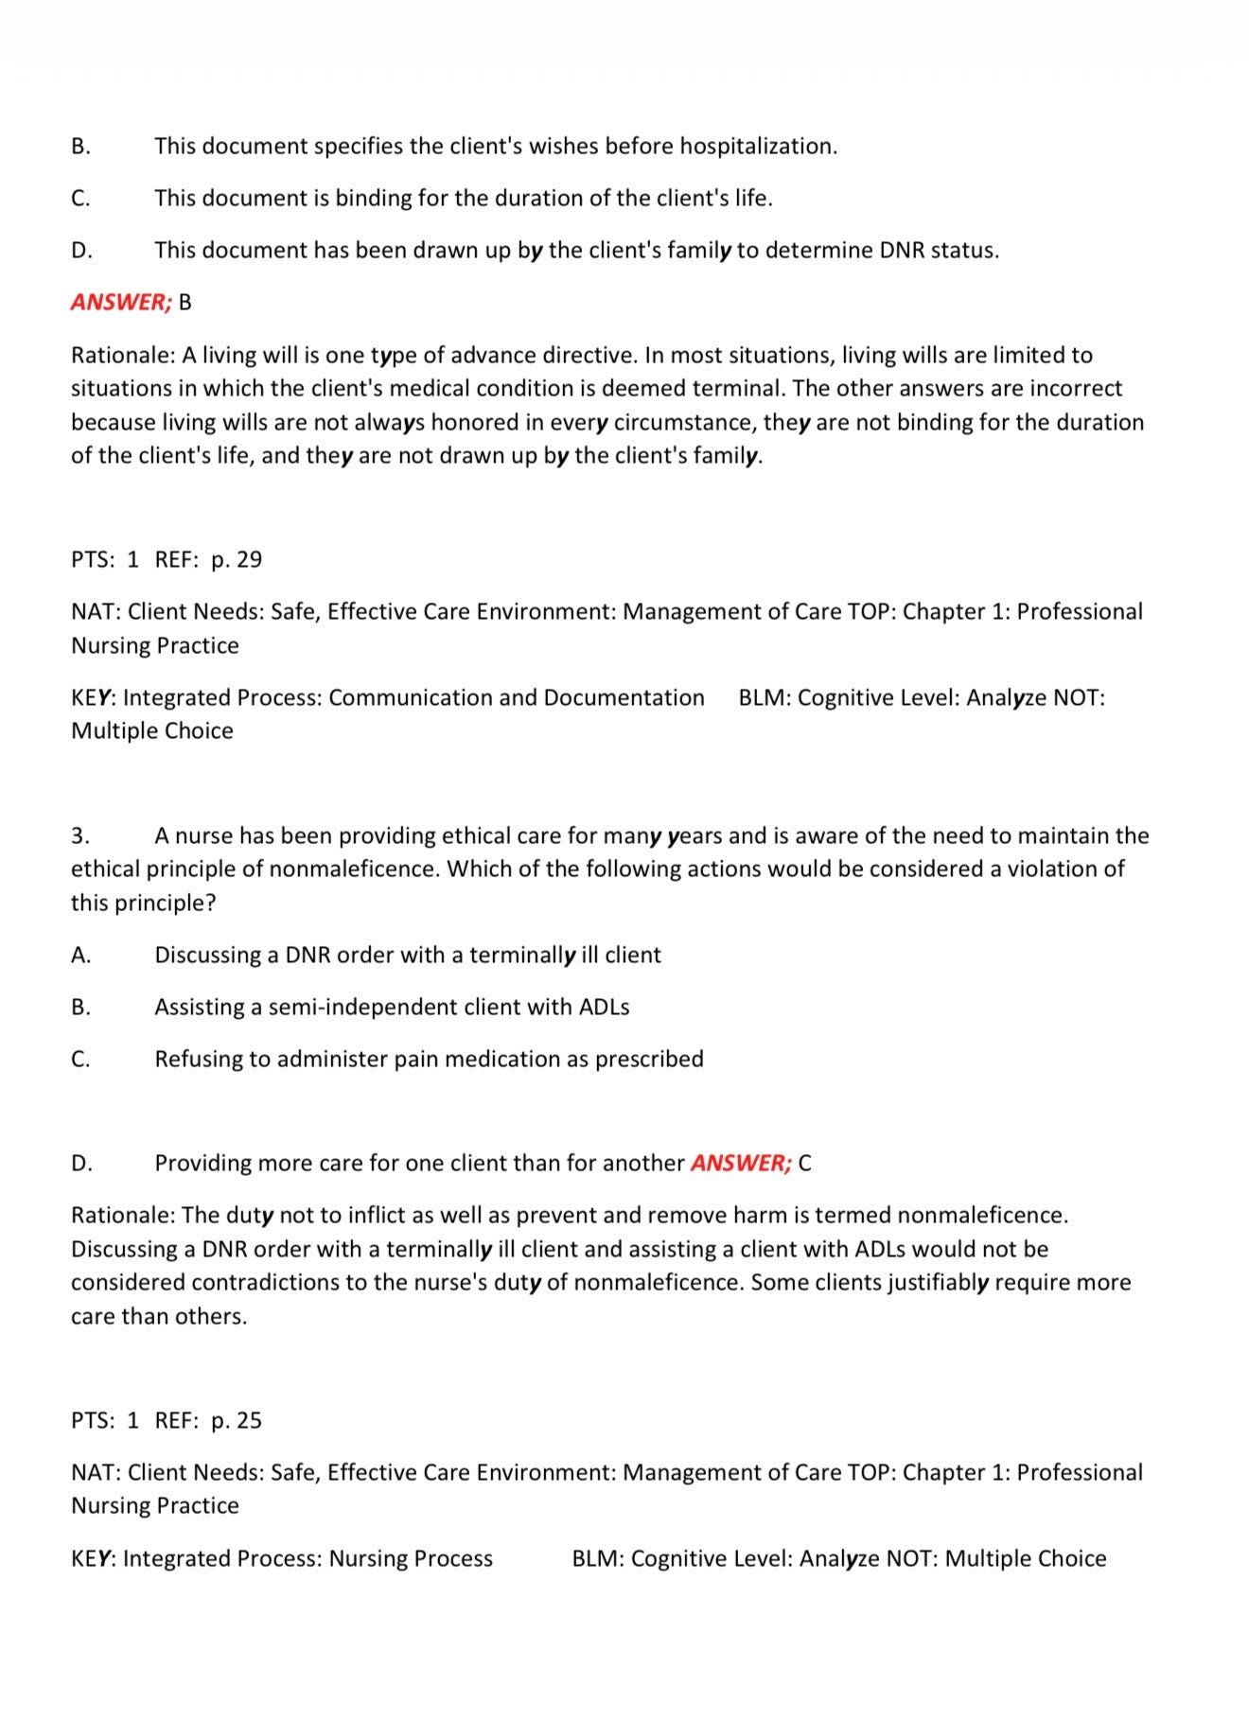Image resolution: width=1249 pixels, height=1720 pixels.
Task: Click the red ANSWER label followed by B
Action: coord(121,303)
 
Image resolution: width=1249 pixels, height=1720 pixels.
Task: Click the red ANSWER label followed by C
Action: coord(741,1164)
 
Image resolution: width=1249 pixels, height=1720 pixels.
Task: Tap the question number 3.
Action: coord(80,836)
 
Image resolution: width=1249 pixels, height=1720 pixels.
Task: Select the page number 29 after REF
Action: coord(249,560)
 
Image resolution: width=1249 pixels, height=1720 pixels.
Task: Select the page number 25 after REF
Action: coord(249,1421)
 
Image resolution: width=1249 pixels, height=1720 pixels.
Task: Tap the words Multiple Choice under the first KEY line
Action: coord(152,731)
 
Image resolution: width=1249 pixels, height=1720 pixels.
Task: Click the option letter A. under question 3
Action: coord(81,956)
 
